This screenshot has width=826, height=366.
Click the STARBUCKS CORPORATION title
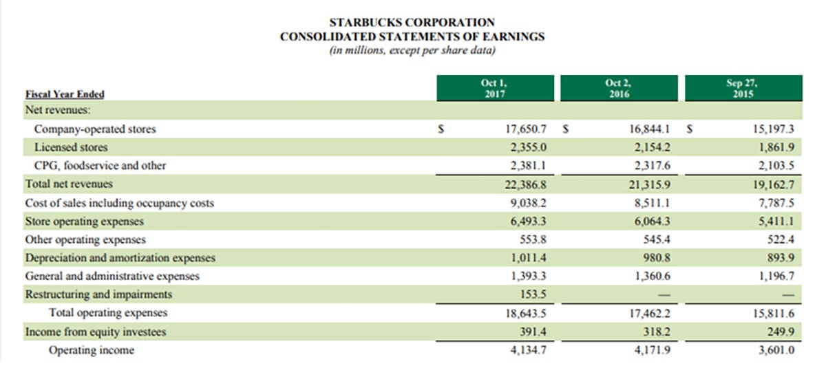(x=412, y=23)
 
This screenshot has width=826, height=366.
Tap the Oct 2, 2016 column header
(x=618, y=88)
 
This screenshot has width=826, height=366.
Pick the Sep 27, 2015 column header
(x=744, y=88)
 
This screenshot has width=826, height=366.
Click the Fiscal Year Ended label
(x=65, y=94)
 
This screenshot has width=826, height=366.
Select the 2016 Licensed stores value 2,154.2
(x=650, y=147)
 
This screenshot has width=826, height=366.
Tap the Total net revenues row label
(x=69, y=184)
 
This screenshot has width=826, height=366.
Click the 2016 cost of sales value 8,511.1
(x=653, y=203)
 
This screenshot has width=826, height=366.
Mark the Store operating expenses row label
(x=84, y=222)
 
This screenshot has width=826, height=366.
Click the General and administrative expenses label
(x=112, y=277)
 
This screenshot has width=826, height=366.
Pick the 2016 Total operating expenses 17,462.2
(x=650, y=314)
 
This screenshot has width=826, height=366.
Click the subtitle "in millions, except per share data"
(x=412, y=50)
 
